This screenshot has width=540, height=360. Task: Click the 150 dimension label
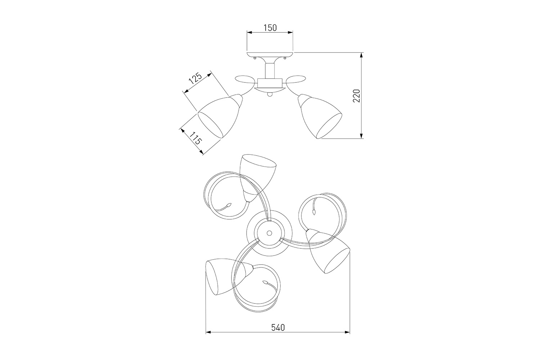pos(270,28)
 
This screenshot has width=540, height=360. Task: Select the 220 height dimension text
pos(356,96)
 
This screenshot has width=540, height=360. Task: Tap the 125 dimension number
pos(195,78)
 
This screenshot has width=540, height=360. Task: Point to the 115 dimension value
pos(195,138)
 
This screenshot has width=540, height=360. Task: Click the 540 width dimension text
pos(278,328)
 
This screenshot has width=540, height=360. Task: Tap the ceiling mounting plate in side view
pos(270,54)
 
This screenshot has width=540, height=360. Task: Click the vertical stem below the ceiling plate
pos(270,71)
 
